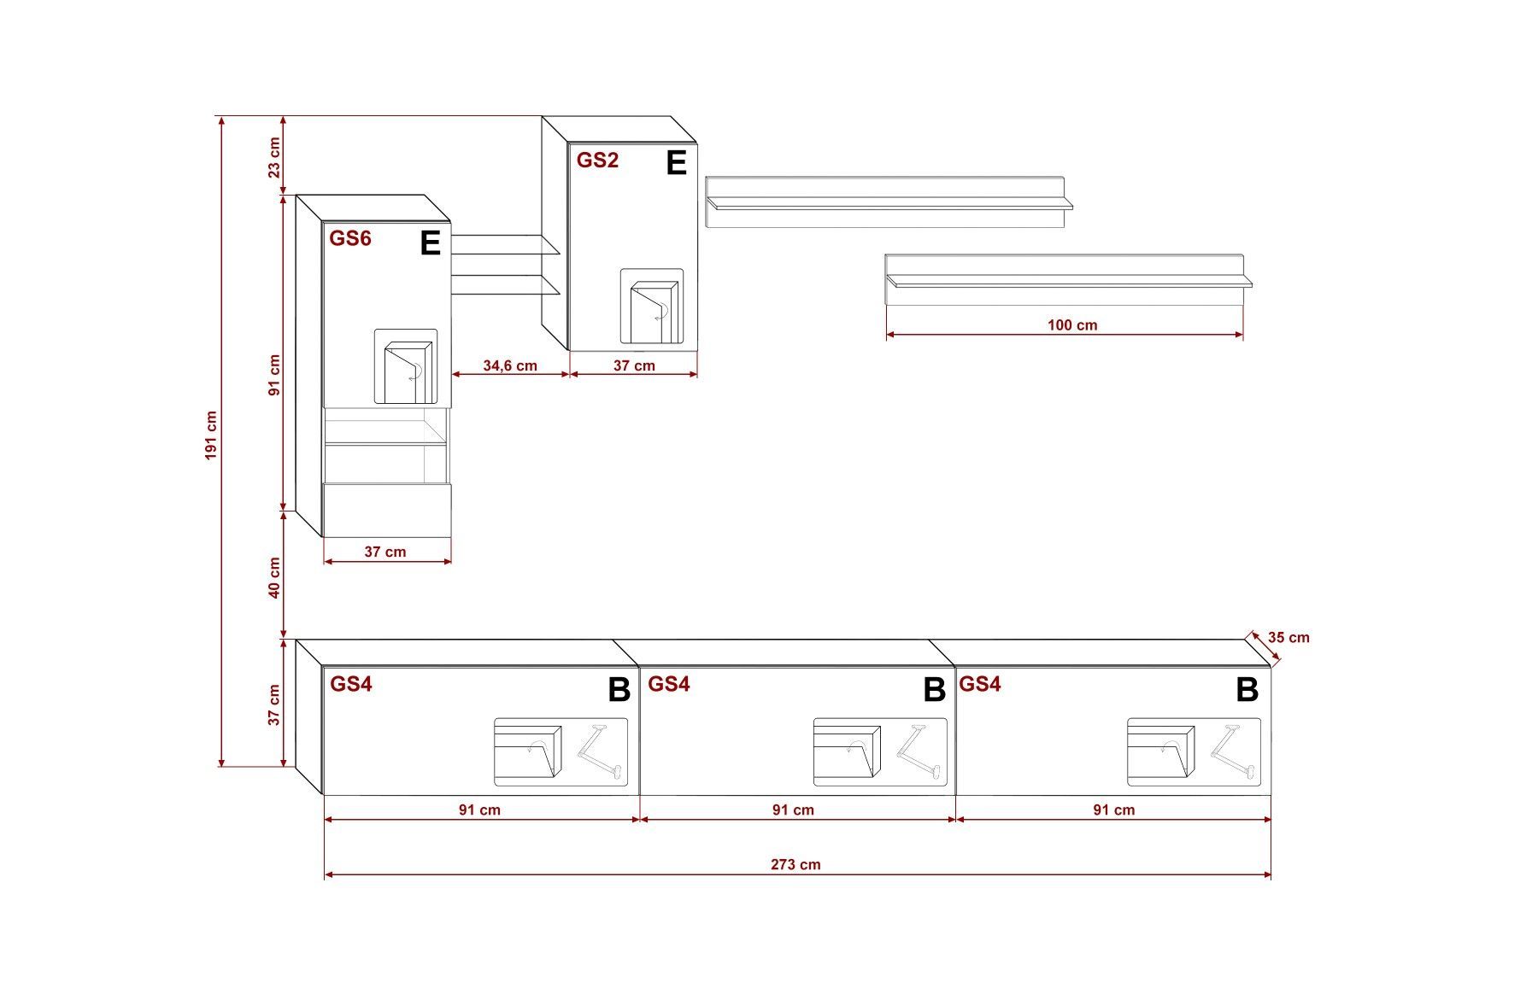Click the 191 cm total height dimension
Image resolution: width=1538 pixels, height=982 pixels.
tap(212, 436)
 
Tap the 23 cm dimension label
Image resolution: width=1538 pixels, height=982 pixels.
tap(274, 157)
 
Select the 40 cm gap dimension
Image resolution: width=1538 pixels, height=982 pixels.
tap(274, 578)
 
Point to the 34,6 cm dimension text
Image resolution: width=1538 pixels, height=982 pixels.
tap(510, 365)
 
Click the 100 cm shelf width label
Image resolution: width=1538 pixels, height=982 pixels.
tap(1072, 324)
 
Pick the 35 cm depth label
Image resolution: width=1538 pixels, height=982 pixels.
tap(1289, 637)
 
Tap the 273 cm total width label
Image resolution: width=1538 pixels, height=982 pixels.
tap(795, 864)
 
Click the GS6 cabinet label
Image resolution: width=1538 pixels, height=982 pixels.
tap(350, 238)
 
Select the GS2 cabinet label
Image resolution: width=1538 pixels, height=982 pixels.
tap(597, 160)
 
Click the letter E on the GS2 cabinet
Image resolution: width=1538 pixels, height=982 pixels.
tap(676, 162)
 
